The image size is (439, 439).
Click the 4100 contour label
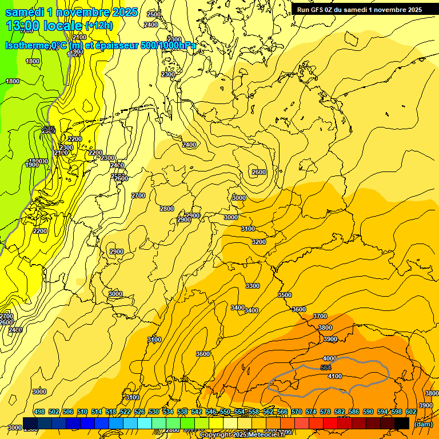[x=335, y=376]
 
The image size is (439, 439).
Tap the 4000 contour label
[x=330, y=358]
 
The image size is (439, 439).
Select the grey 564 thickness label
[x=326, y=368]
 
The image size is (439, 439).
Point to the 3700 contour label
[x=320, y=316]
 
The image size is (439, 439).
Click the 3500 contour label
[x=284, y=295]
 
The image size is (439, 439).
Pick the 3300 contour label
[x=252, y=286]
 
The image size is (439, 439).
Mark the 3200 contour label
[x=259, y=242]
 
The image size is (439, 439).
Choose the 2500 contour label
[x=154, y=14]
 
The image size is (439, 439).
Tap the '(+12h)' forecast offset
[x=99, y=26]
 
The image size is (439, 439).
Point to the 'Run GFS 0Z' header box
[x=359, y=9]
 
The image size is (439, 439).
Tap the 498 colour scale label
[x=39, y=412]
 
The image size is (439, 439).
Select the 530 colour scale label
[x=154, y=412]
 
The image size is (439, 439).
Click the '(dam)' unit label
[x=423, y=424]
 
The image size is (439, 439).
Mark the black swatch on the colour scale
[x=401, y=423]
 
